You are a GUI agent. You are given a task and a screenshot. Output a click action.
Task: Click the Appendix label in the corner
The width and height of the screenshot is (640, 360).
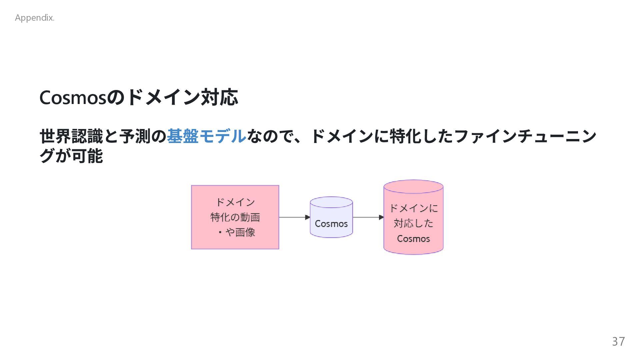(34, 18)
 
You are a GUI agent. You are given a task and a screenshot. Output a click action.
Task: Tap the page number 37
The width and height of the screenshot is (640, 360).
(618, 341)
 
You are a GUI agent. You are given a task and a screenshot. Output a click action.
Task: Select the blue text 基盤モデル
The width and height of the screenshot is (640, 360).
(206, 136)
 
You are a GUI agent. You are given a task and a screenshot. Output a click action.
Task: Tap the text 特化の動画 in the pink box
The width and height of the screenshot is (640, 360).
(235, 217)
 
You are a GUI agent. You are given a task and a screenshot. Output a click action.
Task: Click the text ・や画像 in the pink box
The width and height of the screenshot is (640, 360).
(237, 232)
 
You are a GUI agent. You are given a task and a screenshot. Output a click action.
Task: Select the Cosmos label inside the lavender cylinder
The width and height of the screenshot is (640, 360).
(331, 224)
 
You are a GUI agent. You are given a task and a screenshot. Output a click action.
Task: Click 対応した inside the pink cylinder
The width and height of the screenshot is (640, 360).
(413, 223)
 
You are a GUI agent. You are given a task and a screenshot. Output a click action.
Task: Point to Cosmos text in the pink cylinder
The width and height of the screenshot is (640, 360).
(413, 239)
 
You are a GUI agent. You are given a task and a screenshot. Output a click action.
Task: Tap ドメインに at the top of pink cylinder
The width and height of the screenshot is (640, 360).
(413, 208)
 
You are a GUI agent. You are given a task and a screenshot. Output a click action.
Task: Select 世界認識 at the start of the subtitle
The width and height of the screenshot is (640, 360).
(71, 136)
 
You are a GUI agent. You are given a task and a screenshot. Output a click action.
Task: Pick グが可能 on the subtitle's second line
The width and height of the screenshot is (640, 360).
(71, 156)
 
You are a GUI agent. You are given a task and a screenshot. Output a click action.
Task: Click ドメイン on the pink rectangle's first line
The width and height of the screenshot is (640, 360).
(235, 202)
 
